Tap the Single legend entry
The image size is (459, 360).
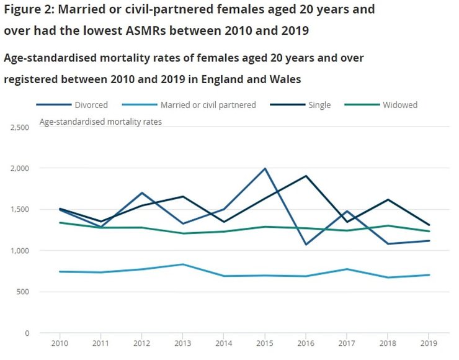[319, 105]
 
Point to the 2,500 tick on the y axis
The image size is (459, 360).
[19, 127]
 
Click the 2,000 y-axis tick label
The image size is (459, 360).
[19, 168]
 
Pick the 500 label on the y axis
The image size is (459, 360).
[23, 292]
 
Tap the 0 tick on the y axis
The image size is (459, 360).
[27, 333]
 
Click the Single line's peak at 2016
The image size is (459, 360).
[305, 176]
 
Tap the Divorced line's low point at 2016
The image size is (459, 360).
[305, 245]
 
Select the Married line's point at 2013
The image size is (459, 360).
[184, 264]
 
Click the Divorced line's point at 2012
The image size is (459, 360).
[142, 193]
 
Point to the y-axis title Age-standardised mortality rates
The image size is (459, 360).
[100, 122]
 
